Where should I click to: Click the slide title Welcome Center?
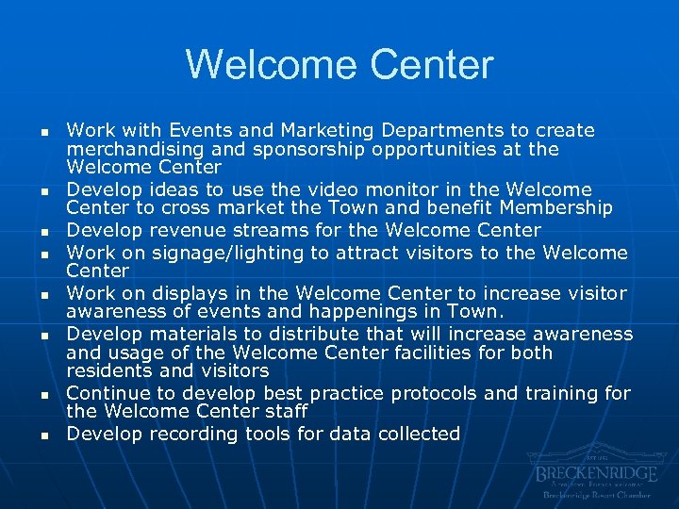pos(339,65)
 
